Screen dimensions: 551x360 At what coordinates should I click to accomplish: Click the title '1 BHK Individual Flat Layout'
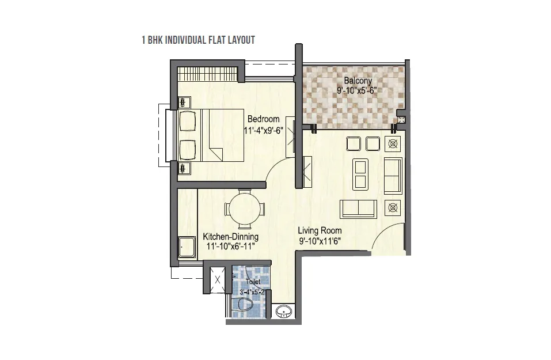[x=198, y=40]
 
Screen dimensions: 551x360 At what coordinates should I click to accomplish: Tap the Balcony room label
[x=358, y=81]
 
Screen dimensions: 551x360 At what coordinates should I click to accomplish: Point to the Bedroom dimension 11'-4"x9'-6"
[x=264, y=130]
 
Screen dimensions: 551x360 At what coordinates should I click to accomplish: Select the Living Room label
[x=320, y=230]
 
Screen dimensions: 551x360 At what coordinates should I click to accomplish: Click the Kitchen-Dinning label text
[x=230, y=236]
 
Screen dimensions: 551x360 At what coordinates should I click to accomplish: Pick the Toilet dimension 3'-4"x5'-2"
[x=252, y=292]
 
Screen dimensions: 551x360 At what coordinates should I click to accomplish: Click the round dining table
[x=245, y=209]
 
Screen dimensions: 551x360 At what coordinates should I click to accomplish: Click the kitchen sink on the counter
[x=187, y=247]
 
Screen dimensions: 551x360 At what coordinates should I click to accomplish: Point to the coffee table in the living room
[x=360, y=175]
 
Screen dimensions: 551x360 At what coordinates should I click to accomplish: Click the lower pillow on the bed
[x=187, y=150]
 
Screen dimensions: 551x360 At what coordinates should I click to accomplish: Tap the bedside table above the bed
[x=184, y=103]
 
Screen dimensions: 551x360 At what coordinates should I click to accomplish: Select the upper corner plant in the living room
[x=393, y=144]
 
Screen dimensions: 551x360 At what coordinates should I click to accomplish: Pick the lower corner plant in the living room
[x=393, y=208]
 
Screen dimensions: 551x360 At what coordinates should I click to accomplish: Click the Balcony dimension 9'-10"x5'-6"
[x=357, y=90]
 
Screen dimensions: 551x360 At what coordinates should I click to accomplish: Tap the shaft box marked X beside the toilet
[x=217, y=280]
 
